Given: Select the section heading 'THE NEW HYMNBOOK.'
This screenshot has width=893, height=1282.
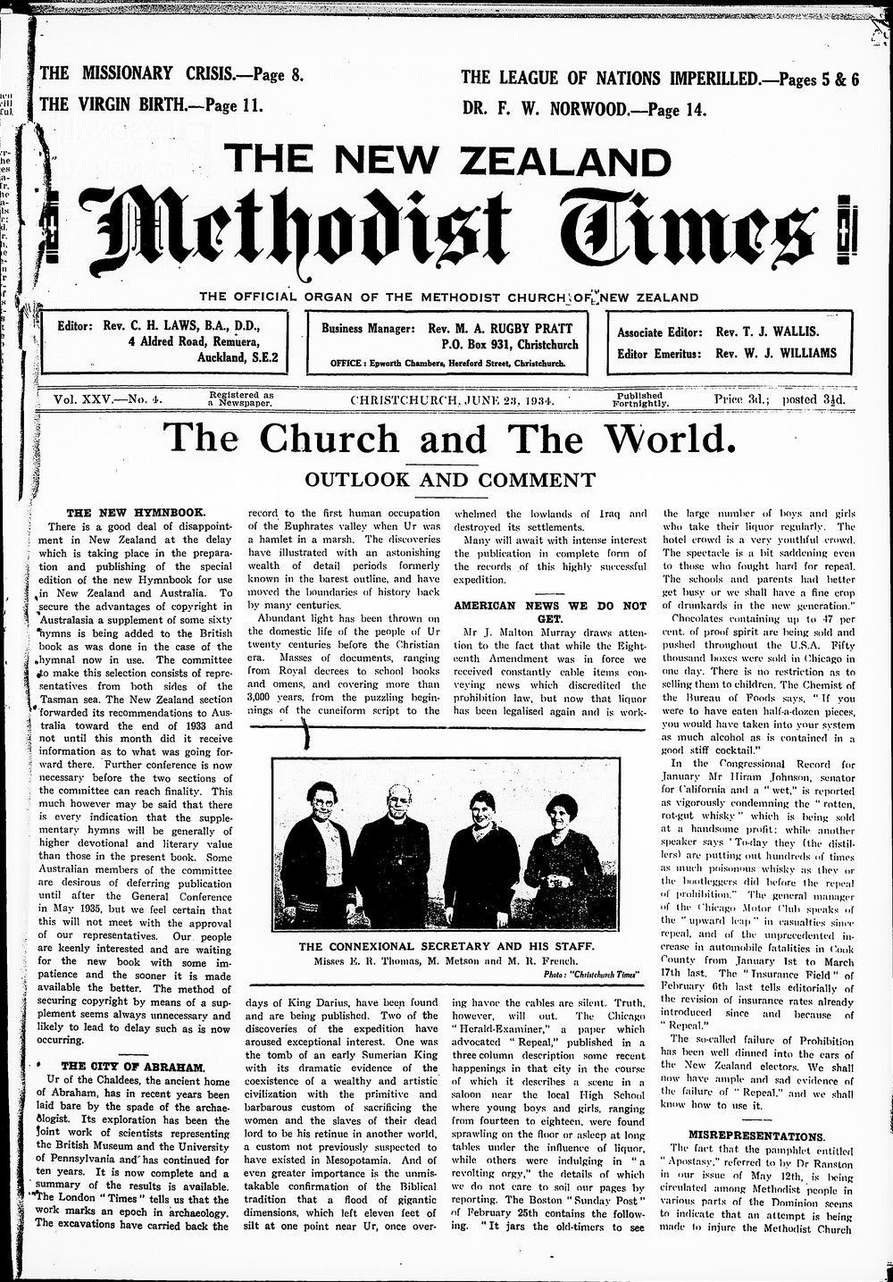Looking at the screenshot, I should click(x=137, y=513).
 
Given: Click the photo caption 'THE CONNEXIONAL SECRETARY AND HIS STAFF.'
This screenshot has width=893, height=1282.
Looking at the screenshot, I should click(x=446, y=946).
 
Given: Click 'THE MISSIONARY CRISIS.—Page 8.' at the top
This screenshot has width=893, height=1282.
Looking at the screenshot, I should click(x=172, y=75).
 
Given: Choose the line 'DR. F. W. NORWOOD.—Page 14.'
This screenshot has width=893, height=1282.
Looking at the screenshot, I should click(x=584, y=110).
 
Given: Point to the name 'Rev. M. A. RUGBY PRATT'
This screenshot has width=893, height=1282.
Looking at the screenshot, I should click(x=511, y=328).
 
